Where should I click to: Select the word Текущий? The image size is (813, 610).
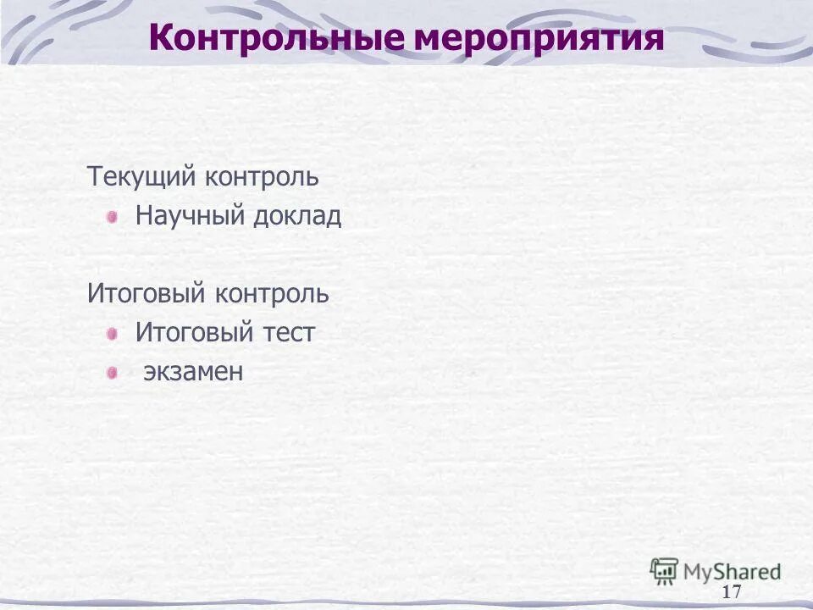[142, 178]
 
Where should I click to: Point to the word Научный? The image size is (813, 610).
[190, 216]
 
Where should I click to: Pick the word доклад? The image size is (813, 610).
[296, 217]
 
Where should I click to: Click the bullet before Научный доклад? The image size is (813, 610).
[112, 217]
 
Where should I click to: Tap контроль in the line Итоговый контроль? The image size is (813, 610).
[272, 295]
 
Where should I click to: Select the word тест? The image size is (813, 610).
[288, 334]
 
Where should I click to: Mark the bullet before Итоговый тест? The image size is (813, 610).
[112, 334]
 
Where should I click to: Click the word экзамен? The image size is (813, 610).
[193, 372]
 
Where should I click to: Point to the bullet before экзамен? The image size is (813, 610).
[112, 372]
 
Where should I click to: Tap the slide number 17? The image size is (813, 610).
[732, 591]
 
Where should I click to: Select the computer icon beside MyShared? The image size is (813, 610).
[664, 570]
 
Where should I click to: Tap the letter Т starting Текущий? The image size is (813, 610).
[94, 178]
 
